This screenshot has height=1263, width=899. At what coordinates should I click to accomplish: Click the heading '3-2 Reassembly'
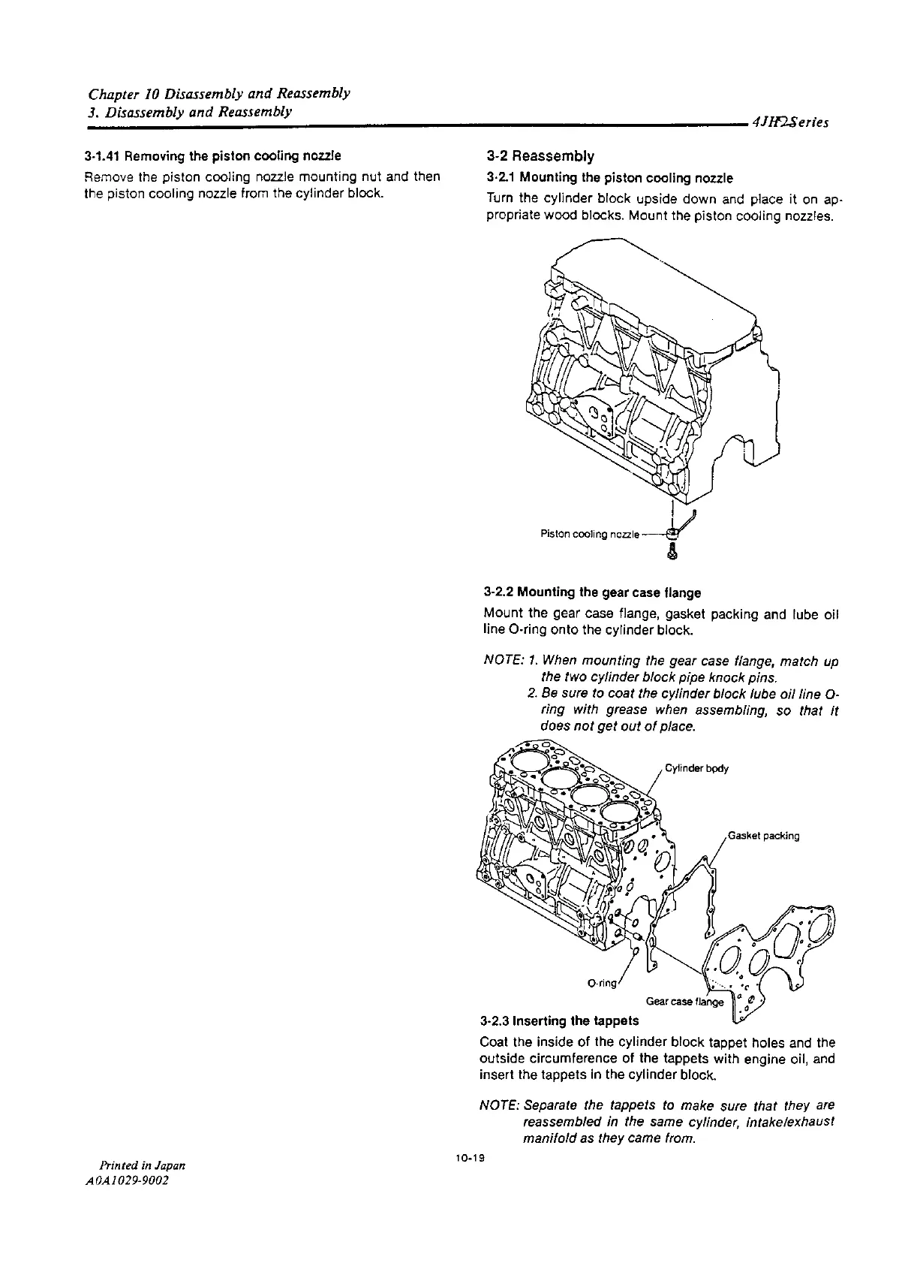point(540,156)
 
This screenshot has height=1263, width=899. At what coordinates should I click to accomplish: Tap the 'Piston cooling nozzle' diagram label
point(589,534)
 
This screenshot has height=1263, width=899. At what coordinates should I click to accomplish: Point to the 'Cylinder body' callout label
point(696,768)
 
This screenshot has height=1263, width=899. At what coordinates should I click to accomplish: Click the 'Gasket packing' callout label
point(763,836)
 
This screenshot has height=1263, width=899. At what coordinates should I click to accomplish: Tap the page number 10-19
point(468,1159)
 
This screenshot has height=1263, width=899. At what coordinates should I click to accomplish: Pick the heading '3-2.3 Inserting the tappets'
point(559,1021)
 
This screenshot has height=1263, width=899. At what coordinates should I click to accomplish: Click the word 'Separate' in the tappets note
point(549,1106)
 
